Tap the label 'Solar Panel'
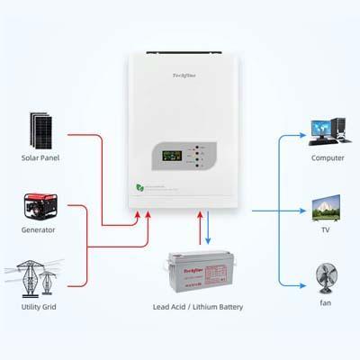40,157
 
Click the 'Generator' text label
39,230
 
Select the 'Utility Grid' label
39,306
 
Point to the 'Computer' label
328,157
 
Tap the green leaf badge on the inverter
139,187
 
